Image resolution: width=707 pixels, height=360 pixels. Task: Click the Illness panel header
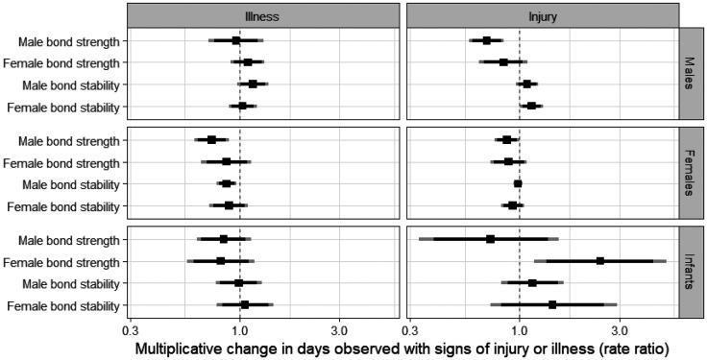263,16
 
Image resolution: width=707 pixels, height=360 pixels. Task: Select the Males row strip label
692,73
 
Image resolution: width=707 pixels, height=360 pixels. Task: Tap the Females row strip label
692,173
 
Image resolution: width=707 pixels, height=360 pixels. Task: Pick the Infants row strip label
692,272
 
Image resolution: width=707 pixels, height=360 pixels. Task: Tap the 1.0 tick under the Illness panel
239,328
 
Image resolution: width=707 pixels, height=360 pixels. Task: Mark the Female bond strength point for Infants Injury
600,261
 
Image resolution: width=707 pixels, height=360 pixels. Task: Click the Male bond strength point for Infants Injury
490,239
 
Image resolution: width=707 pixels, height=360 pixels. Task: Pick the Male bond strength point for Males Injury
487,40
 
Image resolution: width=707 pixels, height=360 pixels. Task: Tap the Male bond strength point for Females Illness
211,140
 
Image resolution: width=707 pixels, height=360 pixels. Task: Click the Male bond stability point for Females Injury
518,183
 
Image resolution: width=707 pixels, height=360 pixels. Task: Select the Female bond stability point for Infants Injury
552,305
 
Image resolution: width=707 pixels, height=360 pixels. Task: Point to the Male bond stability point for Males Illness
253,84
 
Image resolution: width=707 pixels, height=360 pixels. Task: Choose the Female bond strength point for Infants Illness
221,261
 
